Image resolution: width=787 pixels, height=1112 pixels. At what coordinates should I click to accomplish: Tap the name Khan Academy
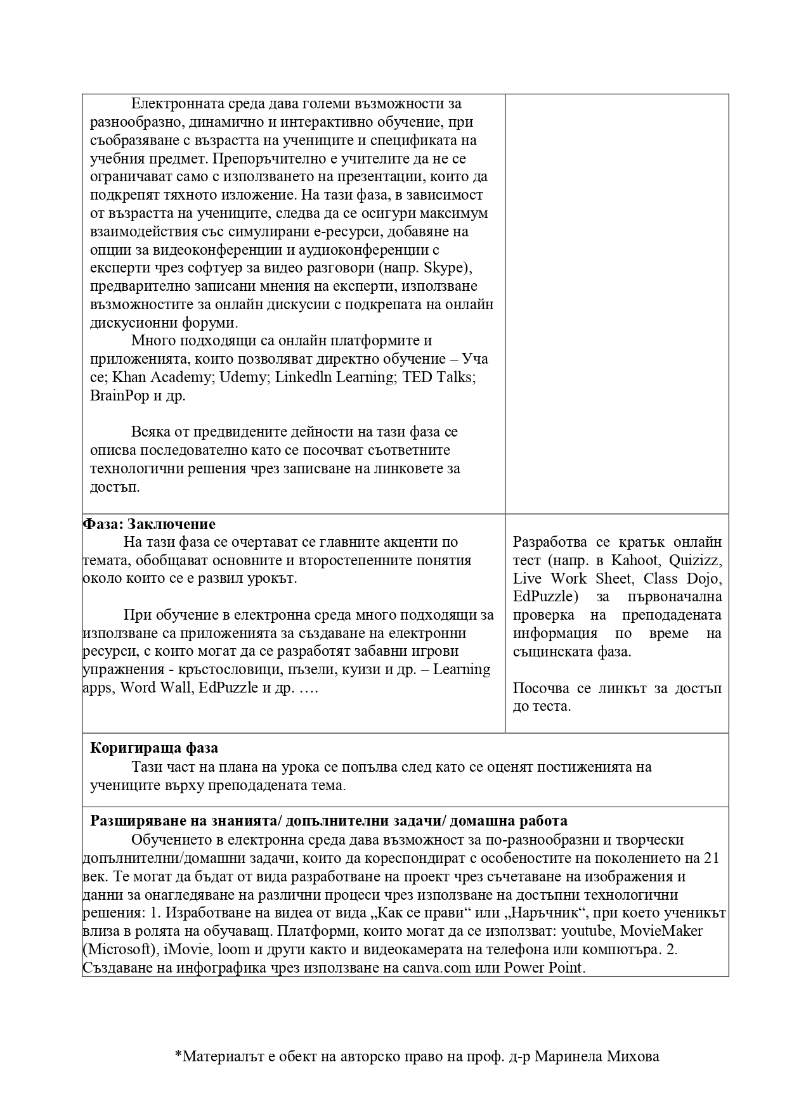click(x=162, y=377)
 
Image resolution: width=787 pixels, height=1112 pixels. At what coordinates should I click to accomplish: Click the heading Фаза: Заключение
click(x=150, y=524)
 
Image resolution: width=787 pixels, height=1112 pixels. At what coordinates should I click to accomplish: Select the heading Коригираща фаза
click(x=154, y=748)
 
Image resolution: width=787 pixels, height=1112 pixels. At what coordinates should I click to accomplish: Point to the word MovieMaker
click(x=661, y=931)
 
